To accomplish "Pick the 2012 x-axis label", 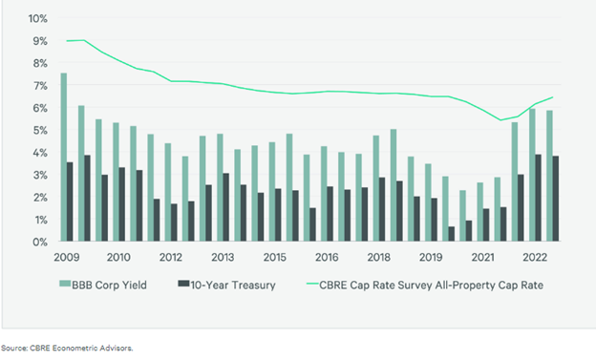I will (170, 258).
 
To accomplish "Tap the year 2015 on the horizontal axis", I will (274, 258).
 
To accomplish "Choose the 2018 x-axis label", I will (378, 258).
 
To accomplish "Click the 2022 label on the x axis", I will (536, 258).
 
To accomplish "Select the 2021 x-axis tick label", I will (483, 258).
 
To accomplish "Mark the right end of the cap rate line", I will (553, 97).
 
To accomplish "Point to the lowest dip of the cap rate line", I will (501, 120).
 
